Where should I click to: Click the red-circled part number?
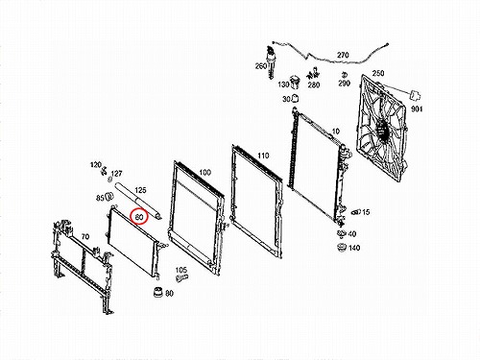(139, 217)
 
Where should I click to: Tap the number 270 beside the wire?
(343, 55)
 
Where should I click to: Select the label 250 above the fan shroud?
(378, 73)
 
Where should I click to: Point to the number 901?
(417, 109)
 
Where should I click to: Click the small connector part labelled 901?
(415, 95)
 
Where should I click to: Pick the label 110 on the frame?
(263, 156)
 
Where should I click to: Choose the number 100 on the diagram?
(204, 173)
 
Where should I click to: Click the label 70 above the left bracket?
(84, 237)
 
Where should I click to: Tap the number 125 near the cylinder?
(140, 190)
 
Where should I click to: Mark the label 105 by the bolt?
(180, 270)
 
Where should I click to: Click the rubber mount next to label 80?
(158, 292)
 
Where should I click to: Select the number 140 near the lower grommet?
(354, 248)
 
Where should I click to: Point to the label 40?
(351, 234)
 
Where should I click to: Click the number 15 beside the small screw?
(366, 212)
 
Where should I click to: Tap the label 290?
(344, 84)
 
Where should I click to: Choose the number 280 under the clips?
(314, 84)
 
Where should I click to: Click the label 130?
(283, 84)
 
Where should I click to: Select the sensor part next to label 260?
(272, 62)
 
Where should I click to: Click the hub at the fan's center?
(382, 129)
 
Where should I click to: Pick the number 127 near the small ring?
(116, 174)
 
